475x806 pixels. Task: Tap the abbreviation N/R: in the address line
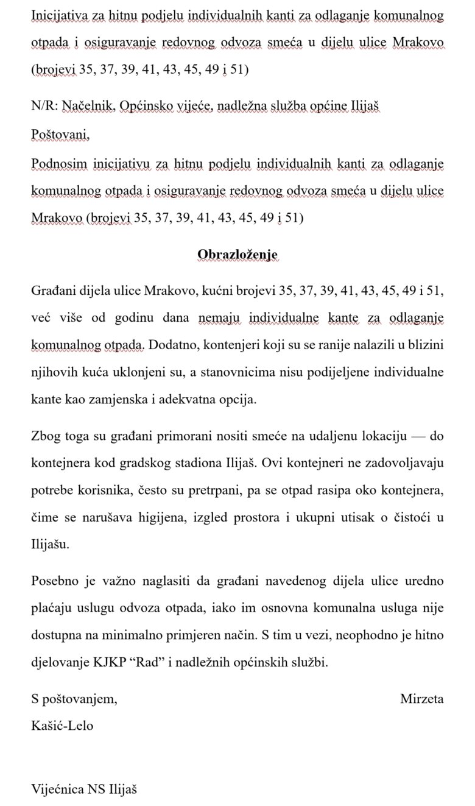pyautogui.click(x=46, y=107)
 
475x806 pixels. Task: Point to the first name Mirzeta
pyautogui.click(x=421, y=698)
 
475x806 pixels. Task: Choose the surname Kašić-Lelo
pyautogui.click(x=63, y=726)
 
